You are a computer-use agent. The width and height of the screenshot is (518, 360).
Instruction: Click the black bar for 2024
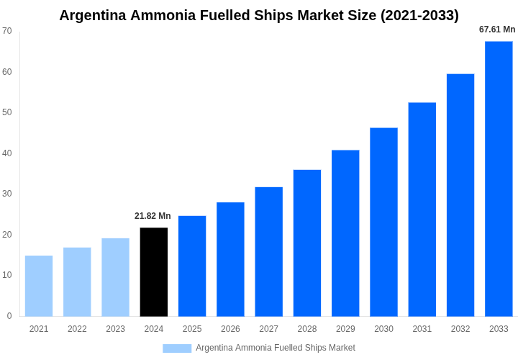(154, 272)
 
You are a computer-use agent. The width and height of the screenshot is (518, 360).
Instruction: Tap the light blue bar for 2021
(39, 286)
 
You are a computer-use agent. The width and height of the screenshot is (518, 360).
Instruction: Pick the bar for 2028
(307, 243)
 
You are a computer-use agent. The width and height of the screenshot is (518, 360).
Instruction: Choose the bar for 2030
(383, 222)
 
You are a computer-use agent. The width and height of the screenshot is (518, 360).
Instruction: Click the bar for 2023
(115, 277)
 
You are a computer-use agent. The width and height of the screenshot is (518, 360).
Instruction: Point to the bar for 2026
(230, 259)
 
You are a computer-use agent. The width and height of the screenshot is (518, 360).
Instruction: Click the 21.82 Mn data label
(153, 216)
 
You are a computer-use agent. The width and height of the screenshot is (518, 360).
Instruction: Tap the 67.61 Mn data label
(497, 30)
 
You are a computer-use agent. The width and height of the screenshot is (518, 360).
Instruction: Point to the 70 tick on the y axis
(7, 31)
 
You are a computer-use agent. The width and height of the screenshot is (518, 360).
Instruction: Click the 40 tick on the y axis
(7, 153)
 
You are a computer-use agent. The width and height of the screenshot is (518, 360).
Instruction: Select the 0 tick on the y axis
(9, 316)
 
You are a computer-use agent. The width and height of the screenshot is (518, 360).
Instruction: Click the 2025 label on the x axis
(192, 329)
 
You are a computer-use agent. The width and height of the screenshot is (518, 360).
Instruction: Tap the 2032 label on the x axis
(460, 329)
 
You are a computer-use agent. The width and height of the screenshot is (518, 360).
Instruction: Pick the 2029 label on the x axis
(345, 329)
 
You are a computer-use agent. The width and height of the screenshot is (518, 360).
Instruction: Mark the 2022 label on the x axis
(77, 329)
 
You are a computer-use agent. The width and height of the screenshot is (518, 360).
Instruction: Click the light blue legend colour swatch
(177, 348)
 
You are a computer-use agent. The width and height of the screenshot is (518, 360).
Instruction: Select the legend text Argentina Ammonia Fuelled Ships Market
(276, 348)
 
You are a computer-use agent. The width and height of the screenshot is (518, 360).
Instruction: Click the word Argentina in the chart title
(92, 15)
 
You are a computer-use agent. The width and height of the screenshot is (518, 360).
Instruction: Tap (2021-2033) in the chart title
(417, 15)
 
